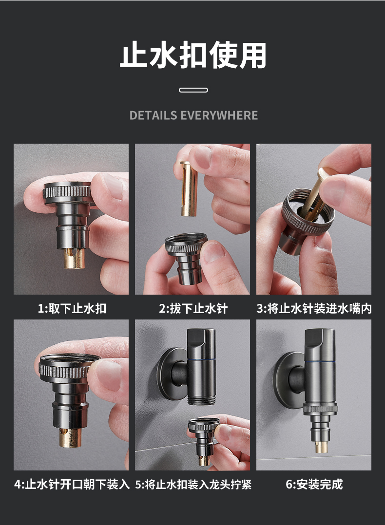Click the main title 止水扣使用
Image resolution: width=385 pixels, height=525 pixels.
coord(193,55)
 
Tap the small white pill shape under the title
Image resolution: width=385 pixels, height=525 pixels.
coord(193,90)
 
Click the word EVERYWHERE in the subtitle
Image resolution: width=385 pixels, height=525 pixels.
coord(219,115)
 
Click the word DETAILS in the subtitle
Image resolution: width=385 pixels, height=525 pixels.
coord(153,115)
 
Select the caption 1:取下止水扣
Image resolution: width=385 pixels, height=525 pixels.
coord(72,308)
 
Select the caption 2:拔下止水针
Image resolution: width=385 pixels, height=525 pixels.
coord(193,308)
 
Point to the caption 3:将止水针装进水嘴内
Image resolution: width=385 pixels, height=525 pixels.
coord(314,308)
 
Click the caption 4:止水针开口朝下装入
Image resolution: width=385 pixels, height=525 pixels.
coord(72,484)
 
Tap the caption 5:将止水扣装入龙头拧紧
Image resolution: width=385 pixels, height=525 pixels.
coord(193,484)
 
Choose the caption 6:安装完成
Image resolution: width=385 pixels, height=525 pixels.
coord(314,484)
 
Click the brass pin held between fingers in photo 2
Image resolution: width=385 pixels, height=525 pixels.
coord(189,188)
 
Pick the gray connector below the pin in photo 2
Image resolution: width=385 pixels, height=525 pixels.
coord(186,258)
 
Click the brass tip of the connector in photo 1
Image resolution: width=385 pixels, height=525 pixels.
coord(74,258)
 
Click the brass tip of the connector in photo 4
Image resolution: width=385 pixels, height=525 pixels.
coord(70,437)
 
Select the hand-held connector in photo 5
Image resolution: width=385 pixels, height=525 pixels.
coord(203,441)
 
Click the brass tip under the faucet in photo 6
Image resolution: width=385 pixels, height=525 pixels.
coord(321,447)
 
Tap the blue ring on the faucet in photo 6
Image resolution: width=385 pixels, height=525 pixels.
coord(320,362)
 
